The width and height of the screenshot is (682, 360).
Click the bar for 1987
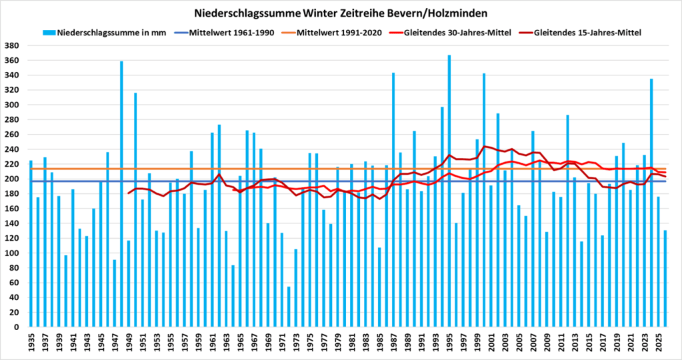click(x=393, y=200)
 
